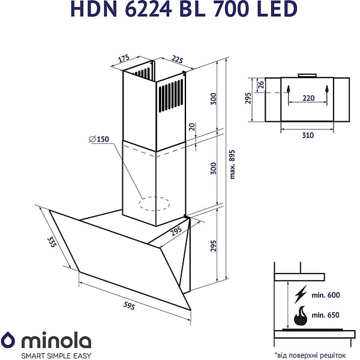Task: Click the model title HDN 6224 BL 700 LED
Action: tap(179, 9)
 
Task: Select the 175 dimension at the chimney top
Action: tap(124, 58)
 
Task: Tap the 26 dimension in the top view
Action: tap(260, 85)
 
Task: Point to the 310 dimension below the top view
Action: tap(307, 135)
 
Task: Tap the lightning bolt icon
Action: tap(301, 293)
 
